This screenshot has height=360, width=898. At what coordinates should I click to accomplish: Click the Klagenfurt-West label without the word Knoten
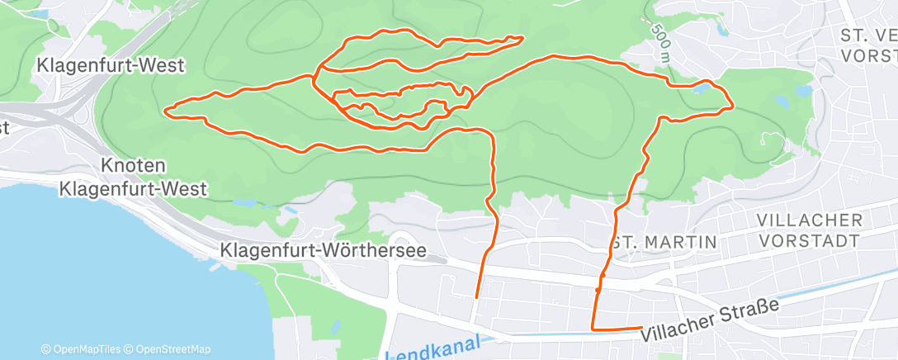pos(111,65)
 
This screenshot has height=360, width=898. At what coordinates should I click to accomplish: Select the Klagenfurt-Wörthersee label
pos(324,249)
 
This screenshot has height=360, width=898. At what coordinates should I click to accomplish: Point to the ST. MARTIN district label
pos(664,242)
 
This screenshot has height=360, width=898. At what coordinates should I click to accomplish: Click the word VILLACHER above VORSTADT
pos(810,220)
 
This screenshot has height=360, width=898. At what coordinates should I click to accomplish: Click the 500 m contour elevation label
pos(659,41)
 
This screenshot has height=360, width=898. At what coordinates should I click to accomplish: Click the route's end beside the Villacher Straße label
pos(641,328)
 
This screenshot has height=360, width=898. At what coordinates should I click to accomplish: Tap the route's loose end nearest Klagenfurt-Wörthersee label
pos(477,296)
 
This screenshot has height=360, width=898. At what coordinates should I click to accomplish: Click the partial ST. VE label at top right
pos(867,35)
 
